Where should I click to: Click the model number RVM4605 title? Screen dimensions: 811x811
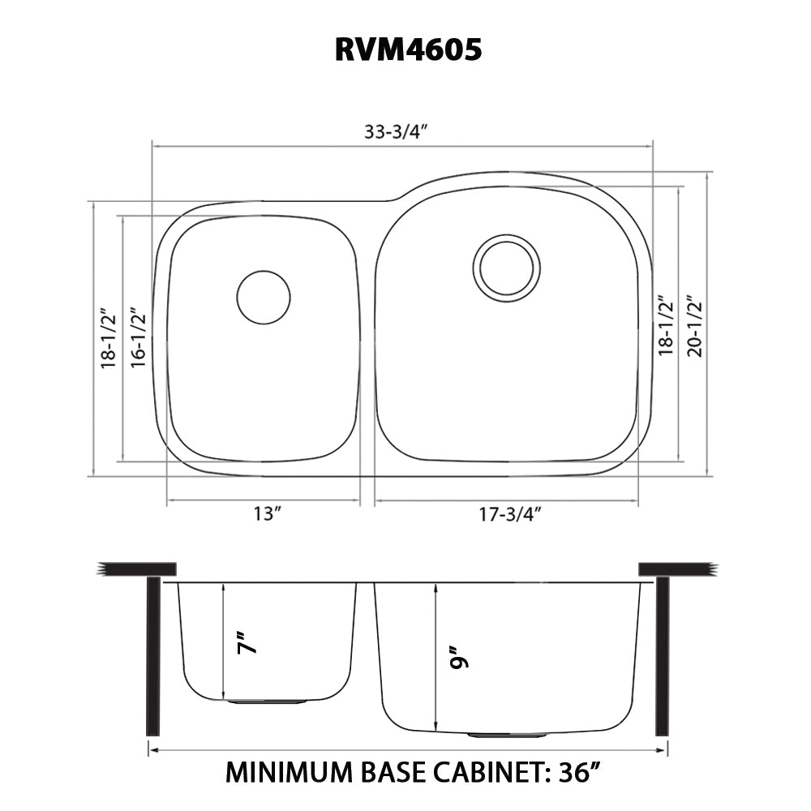click(408, 50)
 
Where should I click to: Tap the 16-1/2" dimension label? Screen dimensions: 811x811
click(138, 337)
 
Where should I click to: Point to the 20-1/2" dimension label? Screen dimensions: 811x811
click(694, 324)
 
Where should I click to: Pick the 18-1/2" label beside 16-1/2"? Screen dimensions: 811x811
click(109, 337)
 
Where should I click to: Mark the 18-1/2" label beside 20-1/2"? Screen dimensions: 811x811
click(667, 324)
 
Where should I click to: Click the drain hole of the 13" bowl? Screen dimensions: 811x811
click(263, 298)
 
